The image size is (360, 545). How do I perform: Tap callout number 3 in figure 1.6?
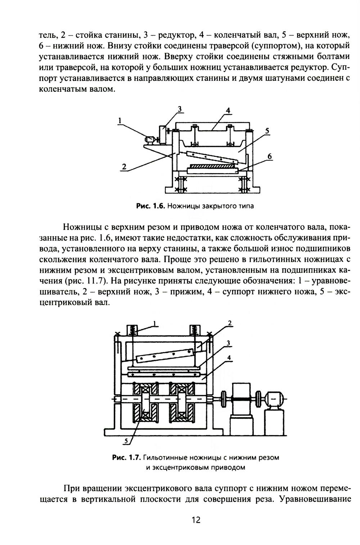coord(179,109)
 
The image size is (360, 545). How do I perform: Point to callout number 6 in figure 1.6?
coord(270,156)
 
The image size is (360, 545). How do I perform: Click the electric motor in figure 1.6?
coord(149,139)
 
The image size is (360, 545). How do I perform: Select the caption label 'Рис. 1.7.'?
coord(126,458)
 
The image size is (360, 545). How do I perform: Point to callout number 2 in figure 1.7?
coord(229,323)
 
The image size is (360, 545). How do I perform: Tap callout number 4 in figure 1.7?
coord(229,358)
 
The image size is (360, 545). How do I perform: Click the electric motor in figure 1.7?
coord(274,398)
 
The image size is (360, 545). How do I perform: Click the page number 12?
coord(195,520)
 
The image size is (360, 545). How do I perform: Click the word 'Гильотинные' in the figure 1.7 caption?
coord(164,458)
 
